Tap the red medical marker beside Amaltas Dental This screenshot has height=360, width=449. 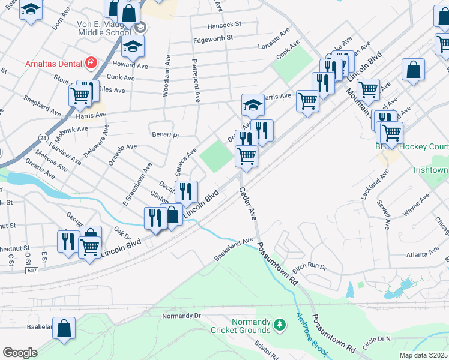pyautogui.click(x=91, y=62)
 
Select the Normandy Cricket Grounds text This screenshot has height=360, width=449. pyautogui.click(x=240, y=325)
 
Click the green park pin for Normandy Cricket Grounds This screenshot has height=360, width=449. pyautogui.click(x=279, y=325)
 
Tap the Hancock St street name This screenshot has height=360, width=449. pyautogui.click(x=224, y=25)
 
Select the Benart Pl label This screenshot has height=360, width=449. pyautogui.click(x=166, y=136)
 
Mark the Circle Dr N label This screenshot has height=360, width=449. pyautogui.click(x=376, y=339)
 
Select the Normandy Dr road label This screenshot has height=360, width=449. pyautogui.click(x=181, y=316)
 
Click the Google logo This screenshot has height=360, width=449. pyautogui.click(x=20, y=352)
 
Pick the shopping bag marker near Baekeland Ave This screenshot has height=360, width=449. pyautogui.click(x=64, y=329)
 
